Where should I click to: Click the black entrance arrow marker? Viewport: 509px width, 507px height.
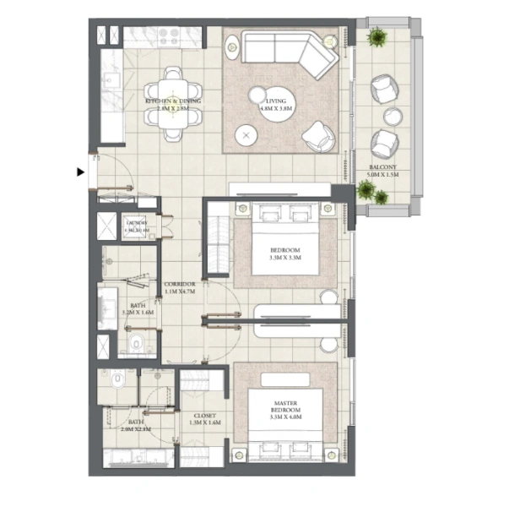click(81, 172)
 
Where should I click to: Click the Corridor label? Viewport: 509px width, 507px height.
click(180, 284)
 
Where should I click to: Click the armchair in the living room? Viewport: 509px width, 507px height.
click(318, 134)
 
